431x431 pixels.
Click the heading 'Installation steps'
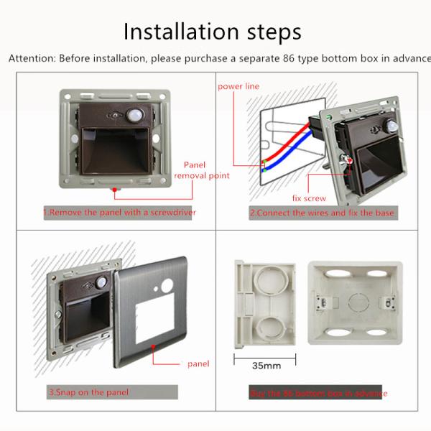pos(212,32)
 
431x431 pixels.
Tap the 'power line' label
pos(238,86)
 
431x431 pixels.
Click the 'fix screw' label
pos(309,198)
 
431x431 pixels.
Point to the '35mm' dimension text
pos(266,366)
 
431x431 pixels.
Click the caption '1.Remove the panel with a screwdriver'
pos(119,213)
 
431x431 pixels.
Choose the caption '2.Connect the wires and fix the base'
pos(321,213)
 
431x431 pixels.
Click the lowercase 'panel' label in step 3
pos(198,363)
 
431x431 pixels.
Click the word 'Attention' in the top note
pos(32,58)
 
